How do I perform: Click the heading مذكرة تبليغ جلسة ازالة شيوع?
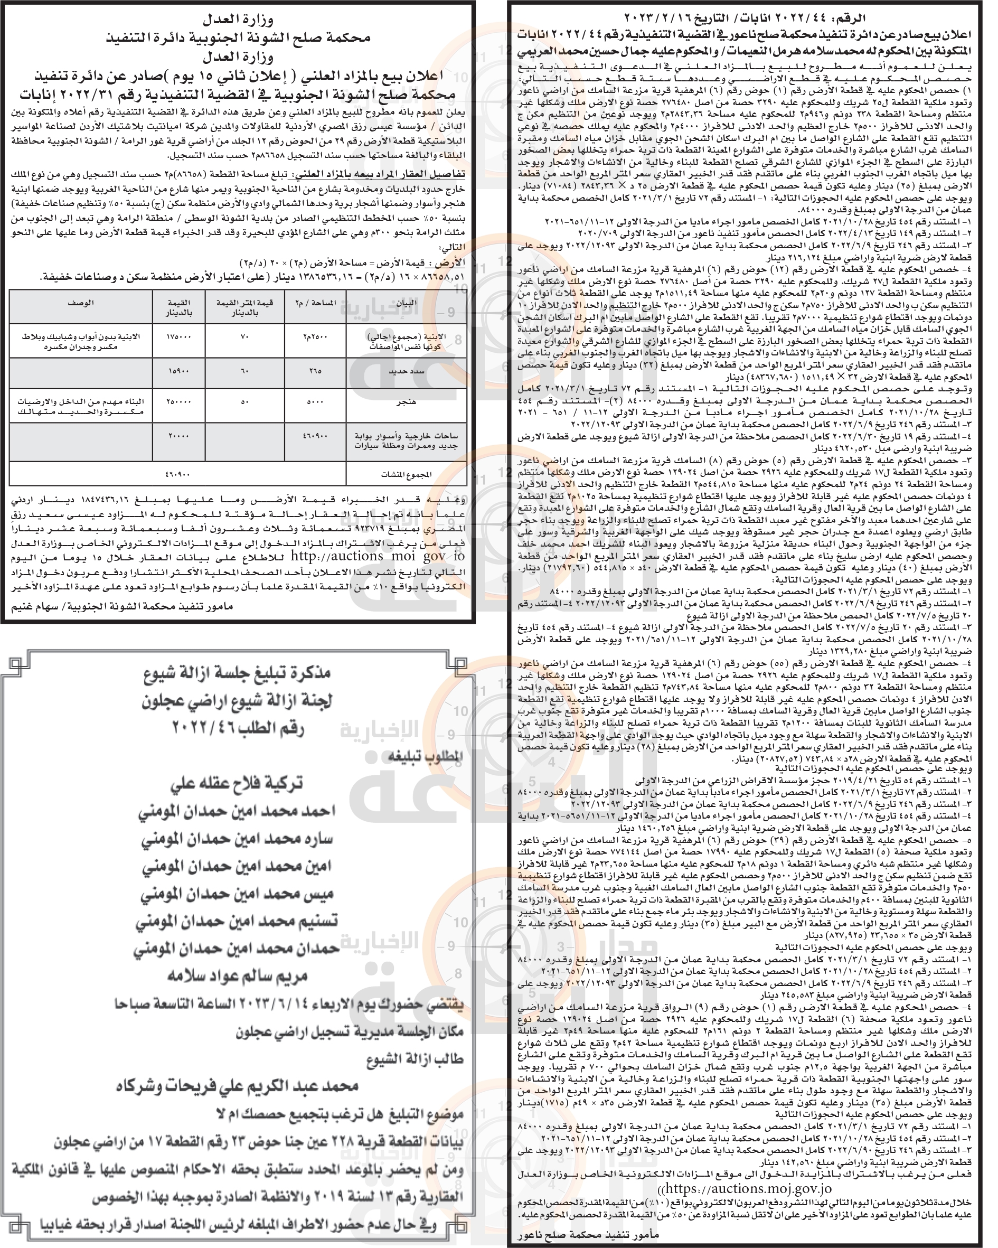coord(237,673)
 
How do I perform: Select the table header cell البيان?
coord(405,303)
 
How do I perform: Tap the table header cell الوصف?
coord(80,303)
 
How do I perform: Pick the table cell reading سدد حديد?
coord(405,370)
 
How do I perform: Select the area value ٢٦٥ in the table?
coord(315,370)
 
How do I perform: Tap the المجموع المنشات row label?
coord(406,475)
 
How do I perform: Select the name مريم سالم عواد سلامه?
coord(237,976)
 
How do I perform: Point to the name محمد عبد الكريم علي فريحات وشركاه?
coord(237,1086)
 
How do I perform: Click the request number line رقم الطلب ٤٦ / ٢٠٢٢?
coord(237,728)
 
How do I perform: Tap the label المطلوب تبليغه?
coord(426,756)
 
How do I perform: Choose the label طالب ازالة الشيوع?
coord(416,1059)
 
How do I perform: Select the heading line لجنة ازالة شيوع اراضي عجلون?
coord(237,700)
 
